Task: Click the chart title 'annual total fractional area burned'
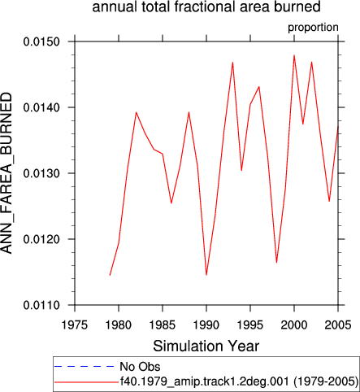(206, 7)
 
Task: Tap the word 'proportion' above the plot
(313, 28)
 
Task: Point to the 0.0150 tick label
(41, 41)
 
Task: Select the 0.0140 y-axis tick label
(41, 107)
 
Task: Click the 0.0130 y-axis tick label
(41, 173)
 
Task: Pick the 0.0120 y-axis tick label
(41, 239)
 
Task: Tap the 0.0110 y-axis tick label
(41, 305)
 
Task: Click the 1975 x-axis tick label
(75, 324)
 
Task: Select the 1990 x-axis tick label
(206, 324)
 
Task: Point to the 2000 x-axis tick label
(294, 324)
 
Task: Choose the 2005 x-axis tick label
(338, 324)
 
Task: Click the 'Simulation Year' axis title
(206, 346)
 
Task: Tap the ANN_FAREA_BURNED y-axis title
(7, 173)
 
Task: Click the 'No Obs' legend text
(140, 367)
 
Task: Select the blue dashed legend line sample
(85, 367)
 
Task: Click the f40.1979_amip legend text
(239, 381)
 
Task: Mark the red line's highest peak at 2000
(294, 55)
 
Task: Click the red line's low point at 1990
(206, 275)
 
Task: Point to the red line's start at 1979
(110, 275)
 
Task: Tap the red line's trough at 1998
(276, 263)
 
